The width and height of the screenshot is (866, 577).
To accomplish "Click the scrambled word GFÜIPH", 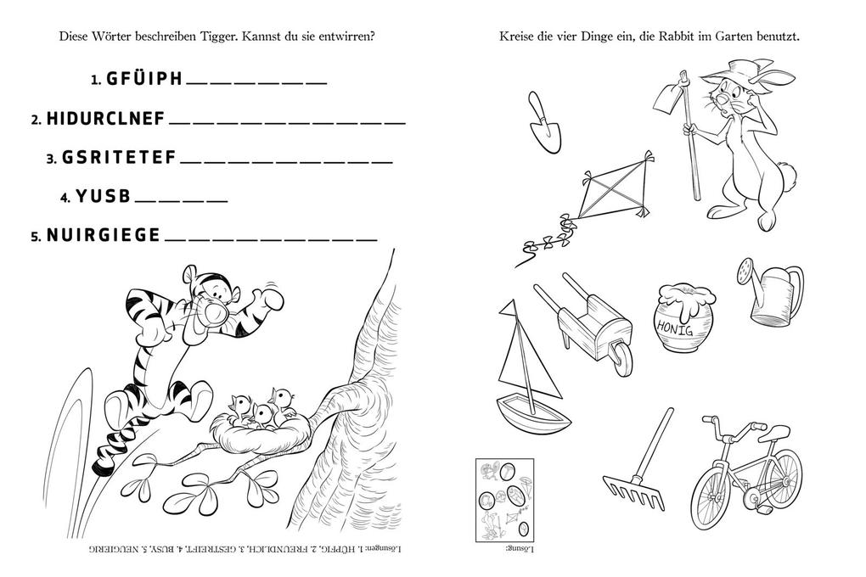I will coord(144,79).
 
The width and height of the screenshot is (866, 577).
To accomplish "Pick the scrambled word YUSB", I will coord(104,197).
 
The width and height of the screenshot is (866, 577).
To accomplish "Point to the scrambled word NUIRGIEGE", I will coord(103,236).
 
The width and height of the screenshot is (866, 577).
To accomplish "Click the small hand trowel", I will coord(539,120).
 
